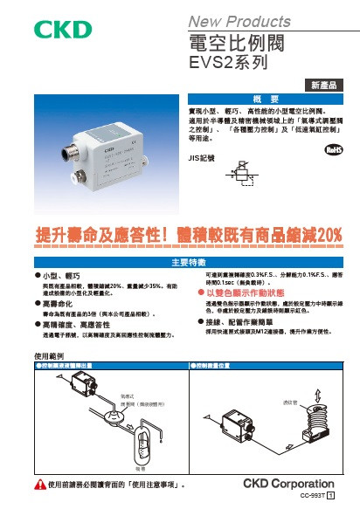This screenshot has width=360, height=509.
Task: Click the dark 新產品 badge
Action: tap(324, 85)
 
